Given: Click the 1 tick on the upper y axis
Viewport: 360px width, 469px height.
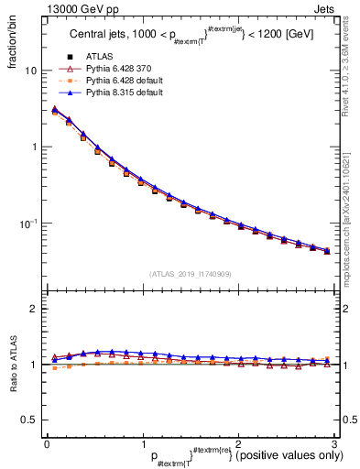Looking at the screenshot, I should [33, 147].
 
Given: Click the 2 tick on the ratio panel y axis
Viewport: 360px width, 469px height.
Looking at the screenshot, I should [33, 309].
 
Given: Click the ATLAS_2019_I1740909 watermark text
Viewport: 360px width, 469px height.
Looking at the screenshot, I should [189, 273].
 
